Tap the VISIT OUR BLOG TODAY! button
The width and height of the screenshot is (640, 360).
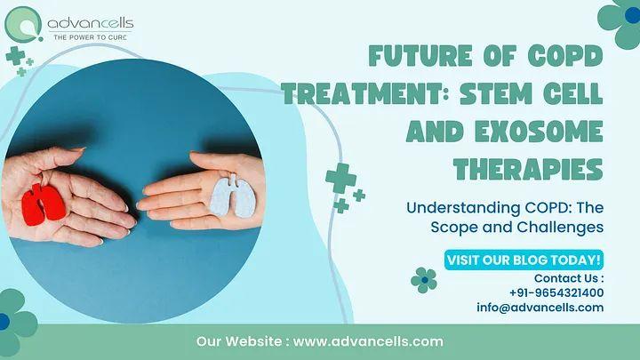point(524,260)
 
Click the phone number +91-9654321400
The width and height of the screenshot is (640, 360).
point(557,292)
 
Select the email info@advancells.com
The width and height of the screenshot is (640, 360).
point(540,308)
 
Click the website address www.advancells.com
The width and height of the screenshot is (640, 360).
point(368,341)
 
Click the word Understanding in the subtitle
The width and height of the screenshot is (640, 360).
point(462,208)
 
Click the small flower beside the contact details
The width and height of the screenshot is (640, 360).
point(425,280)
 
